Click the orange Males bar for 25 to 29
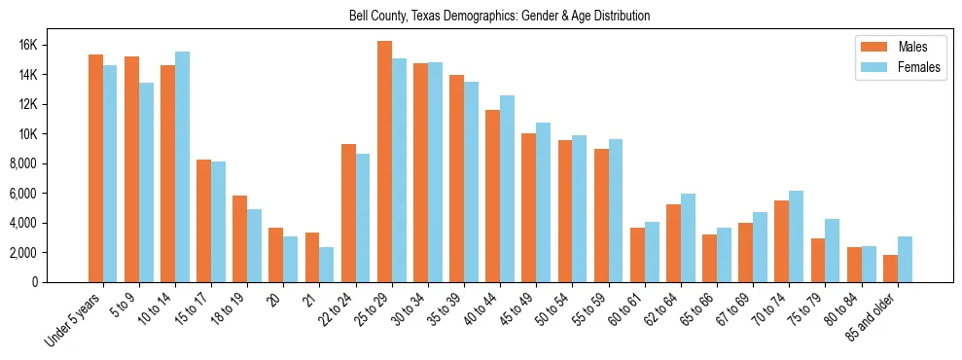tap(384, 162)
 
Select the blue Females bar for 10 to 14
tap(182, 166)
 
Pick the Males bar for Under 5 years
tap(95, 168)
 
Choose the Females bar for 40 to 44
tap(507, 189)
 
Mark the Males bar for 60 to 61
tap(637, 255)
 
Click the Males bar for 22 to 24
tap(348, 213)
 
